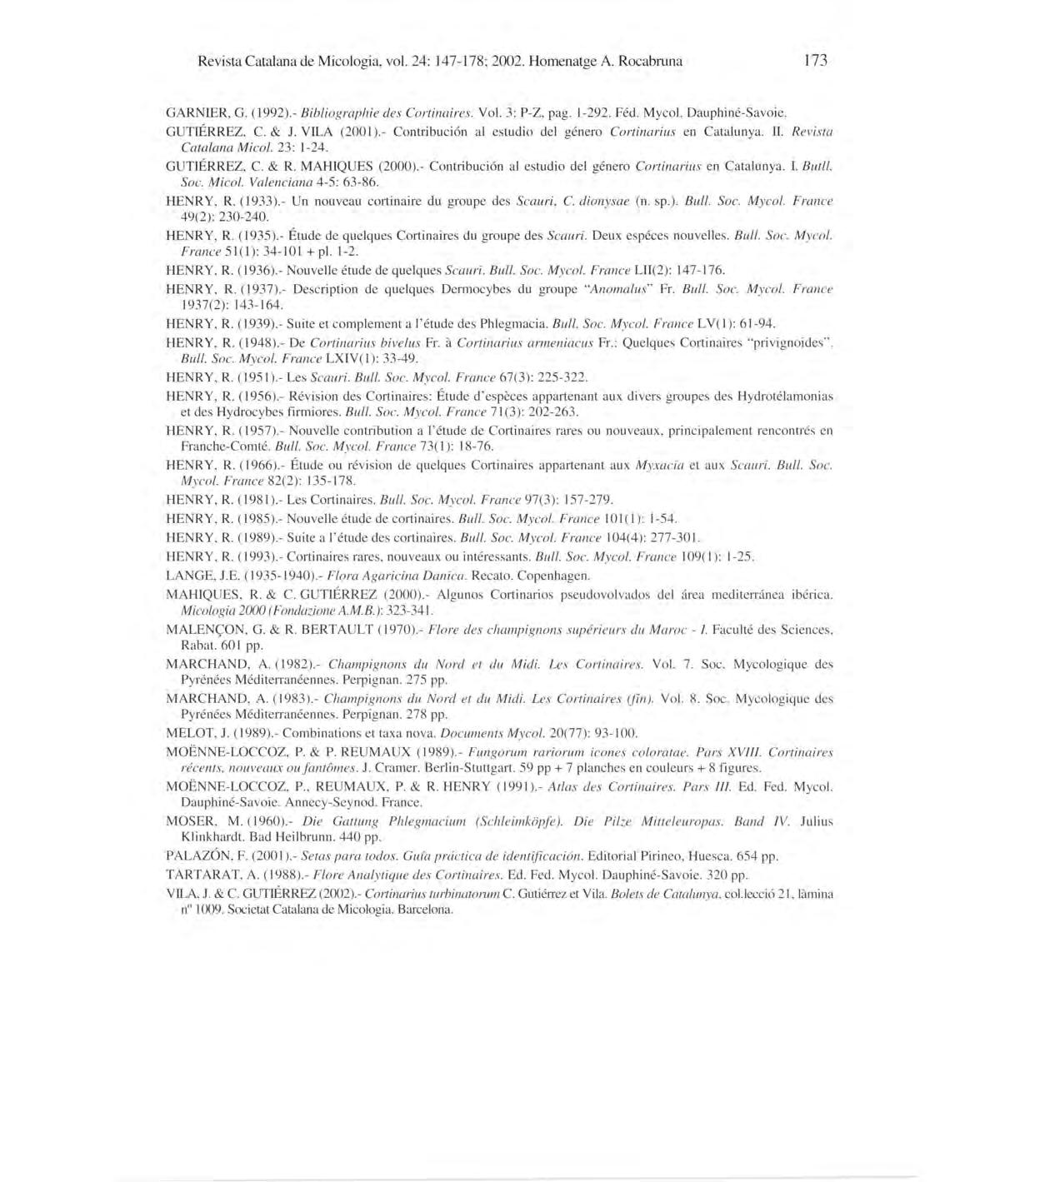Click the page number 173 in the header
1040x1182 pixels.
[x=816, y=61]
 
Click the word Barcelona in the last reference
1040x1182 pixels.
[x=424, y=910]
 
